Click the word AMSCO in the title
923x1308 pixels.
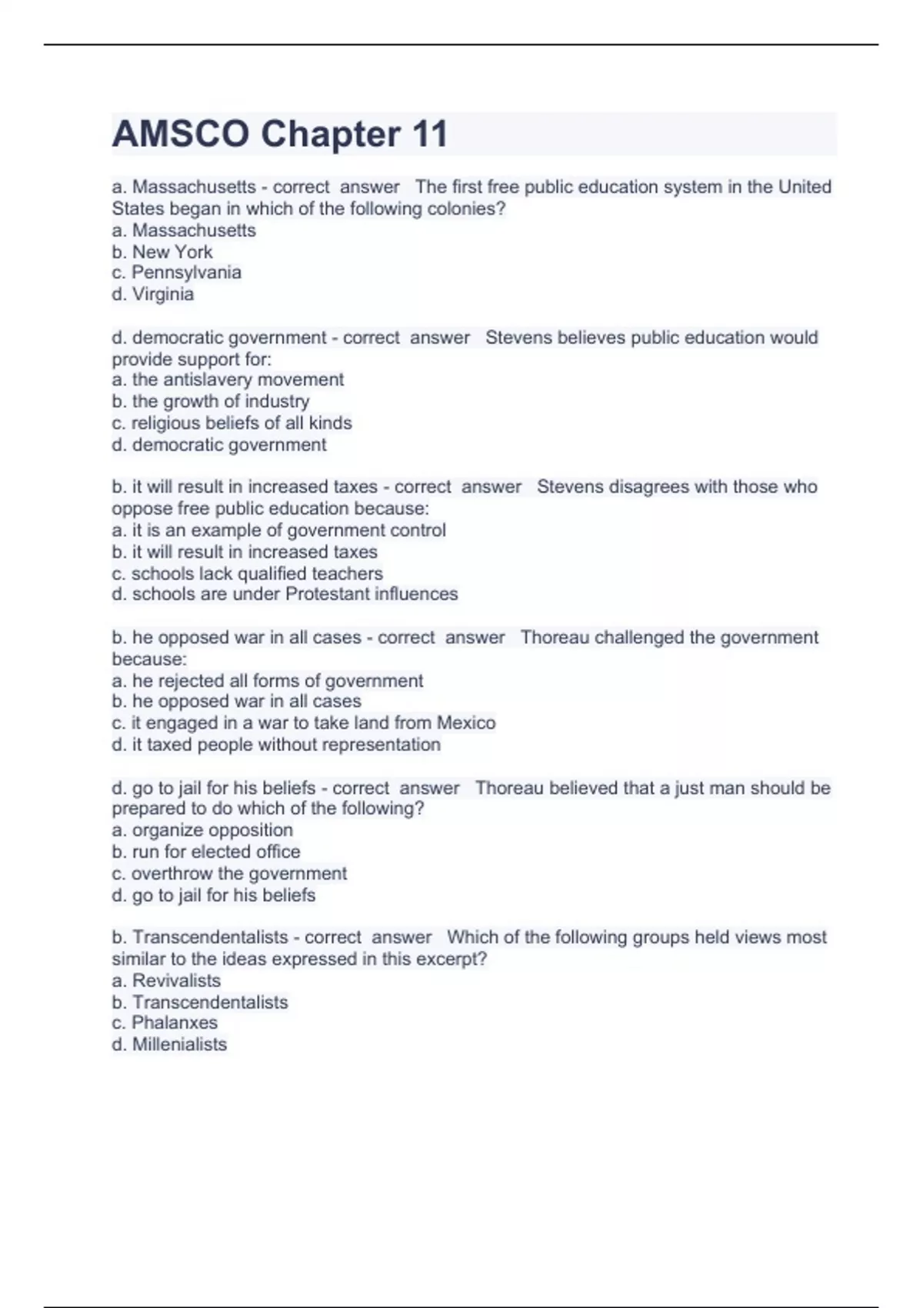[x=181, y=135]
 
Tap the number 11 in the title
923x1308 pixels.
[x=429, y=135]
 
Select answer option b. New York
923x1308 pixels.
[x=162, y=252]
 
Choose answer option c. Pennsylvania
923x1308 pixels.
[x=177, y=272]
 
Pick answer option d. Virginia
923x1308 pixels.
[x=153, y=294]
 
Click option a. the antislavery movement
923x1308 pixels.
[x=228, y=379]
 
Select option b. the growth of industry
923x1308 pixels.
[x=211, y=401]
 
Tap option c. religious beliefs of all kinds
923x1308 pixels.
[x=232, y=422]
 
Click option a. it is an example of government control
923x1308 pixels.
[x=278, y=530]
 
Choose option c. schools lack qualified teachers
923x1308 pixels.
[x=247, y=573]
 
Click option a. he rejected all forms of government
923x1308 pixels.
[x=267, y=680]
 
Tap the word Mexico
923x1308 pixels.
[x=466, y=722]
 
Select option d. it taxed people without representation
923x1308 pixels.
[x=276, y=744]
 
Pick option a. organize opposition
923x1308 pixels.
[x=202, y=830]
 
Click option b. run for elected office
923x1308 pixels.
[x=206, y=852]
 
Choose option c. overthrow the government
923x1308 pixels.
[x=229, y=873]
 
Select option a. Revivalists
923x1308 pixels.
[x=166, y=980]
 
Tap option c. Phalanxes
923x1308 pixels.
[x=165, y=1023]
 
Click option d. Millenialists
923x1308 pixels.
[x=169, y=1044]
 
